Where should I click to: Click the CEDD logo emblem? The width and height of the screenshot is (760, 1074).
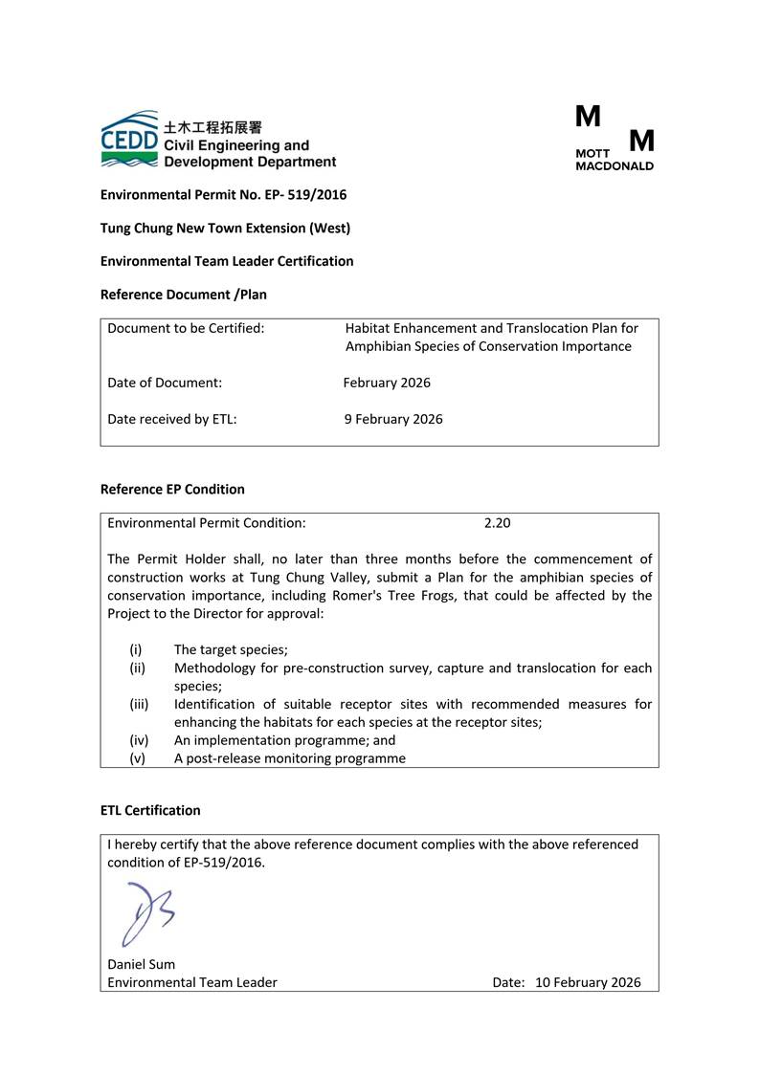130,140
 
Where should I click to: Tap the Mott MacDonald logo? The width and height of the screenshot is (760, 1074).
615,139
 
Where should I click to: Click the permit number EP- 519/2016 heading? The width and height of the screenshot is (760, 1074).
223,195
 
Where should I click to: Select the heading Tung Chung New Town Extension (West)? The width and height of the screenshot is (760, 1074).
225,228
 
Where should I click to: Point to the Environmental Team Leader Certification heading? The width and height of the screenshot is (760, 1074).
227,261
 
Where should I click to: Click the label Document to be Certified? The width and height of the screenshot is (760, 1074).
186,328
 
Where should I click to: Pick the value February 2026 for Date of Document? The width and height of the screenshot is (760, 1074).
387,383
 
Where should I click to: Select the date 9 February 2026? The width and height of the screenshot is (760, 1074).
393,419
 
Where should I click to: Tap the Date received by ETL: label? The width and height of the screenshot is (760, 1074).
172,419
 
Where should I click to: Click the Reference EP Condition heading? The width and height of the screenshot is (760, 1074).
172,489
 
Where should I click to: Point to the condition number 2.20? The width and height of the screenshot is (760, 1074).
497,523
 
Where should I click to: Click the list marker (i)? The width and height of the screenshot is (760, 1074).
136,649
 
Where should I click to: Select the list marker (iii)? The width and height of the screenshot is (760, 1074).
139,704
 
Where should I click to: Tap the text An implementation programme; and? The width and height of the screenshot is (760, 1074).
284,740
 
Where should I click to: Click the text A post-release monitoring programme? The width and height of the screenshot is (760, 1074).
289,758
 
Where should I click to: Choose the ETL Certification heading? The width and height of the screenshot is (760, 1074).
150,810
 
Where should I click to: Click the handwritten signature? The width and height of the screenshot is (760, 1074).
146,912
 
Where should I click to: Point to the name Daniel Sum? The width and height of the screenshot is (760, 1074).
142,964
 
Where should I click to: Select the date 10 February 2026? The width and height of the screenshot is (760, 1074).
588,982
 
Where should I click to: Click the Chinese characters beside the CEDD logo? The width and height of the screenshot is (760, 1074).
212,127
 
